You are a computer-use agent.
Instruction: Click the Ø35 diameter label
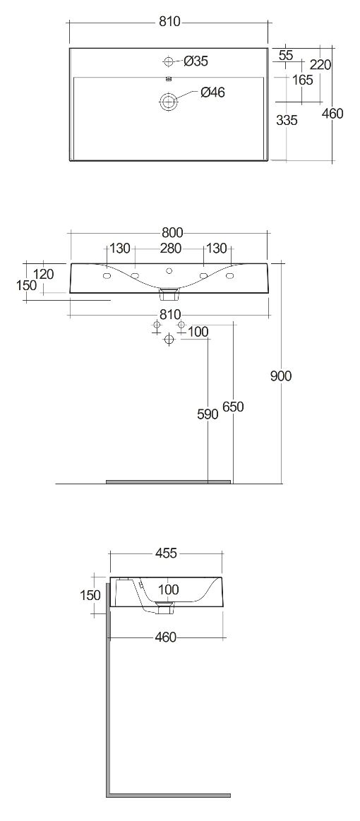click(196, 61)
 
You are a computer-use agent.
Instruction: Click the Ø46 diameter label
click(212, 92)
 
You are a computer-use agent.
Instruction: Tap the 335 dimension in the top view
click(287, 121)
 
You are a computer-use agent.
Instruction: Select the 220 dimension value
click(320, 64)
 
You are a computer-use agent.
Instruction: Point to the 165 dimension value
click(302, 80)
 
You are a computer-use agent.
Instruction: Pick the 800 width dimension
click(169, 232)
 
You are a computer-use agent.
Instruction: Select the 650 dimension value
click(233, 407)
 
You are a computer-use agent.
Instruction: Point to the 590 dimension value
click(208, 414)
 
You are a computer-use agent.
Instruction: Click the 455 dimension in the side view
click(167, 553)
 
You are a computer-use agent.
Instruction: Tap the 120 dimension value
click(44, 274)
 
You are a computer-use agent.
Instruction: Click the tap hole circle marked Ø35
click(169, 62)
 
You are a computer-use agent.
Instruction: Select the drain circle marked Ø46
click(169, 101)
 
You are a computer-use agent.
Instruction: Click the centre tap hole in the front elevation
click(169, 270)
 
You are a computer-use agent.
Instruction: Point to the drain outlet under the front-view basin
click(169, 293)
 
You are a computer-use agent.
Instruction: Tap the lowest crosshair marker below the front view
click(169, 340)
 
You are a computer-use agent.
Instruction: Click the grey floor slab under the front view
click(169, 481)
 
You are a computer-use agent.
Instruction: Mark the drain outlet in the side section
click(165, 608)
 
